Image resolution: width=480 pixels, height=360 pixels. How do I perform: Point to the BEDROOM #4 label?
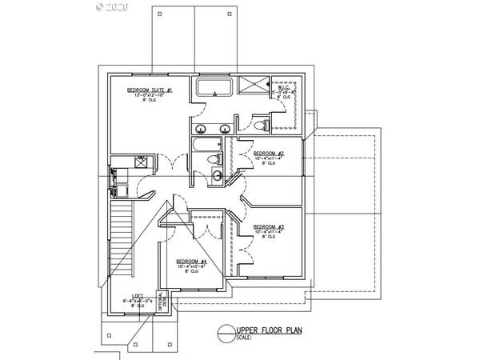point(191,262)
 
